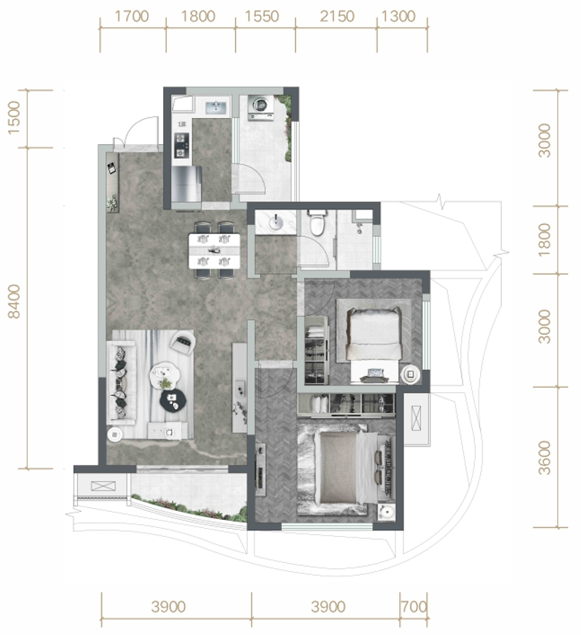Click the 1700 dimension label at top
[132, 16]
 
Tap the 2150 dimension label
[337, 16]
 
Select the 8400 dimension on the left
[14, 302]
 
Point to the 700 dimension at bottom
[414, 607]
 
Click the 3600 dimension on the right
[545, 457]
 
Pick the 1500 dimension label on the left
[14, 118]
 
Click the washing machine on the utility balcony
[261, 107]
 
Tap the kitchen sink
[215, 107]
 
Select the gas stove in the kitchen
[181, 146]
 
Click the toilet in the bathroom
[316, 223]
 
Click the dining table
[214, 250]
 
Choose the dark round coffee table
[173, 400]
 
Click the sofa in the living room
[121, 382]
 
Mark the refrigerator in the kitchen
[186, 184]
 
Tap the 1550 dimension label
[262, 16]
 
